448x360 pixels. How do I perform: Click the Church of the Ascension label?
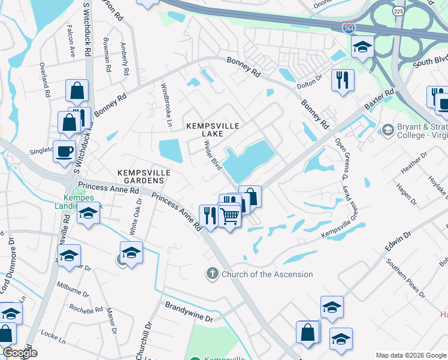(x=267, y=274)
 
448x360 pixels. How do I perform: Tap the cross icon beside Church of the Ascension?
(x=212, y=274)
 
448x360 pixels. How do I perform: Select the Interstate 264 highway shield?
(x=348, y=28)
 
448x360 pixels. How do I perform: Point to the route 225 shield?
(x=398, y=11)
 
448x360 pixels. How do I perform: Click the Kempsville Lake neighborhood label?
(x=213, y=130)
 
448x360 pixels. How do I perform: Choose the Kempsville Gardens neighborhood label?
(x=144, y=176)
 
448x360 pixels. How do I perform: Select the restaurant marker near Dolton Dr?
(x=343, y=80)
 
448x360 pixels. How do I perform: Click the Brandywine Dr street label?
(x=189, y=310)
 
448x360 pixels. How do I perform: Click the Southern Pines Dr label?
(x=407, y=279)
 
